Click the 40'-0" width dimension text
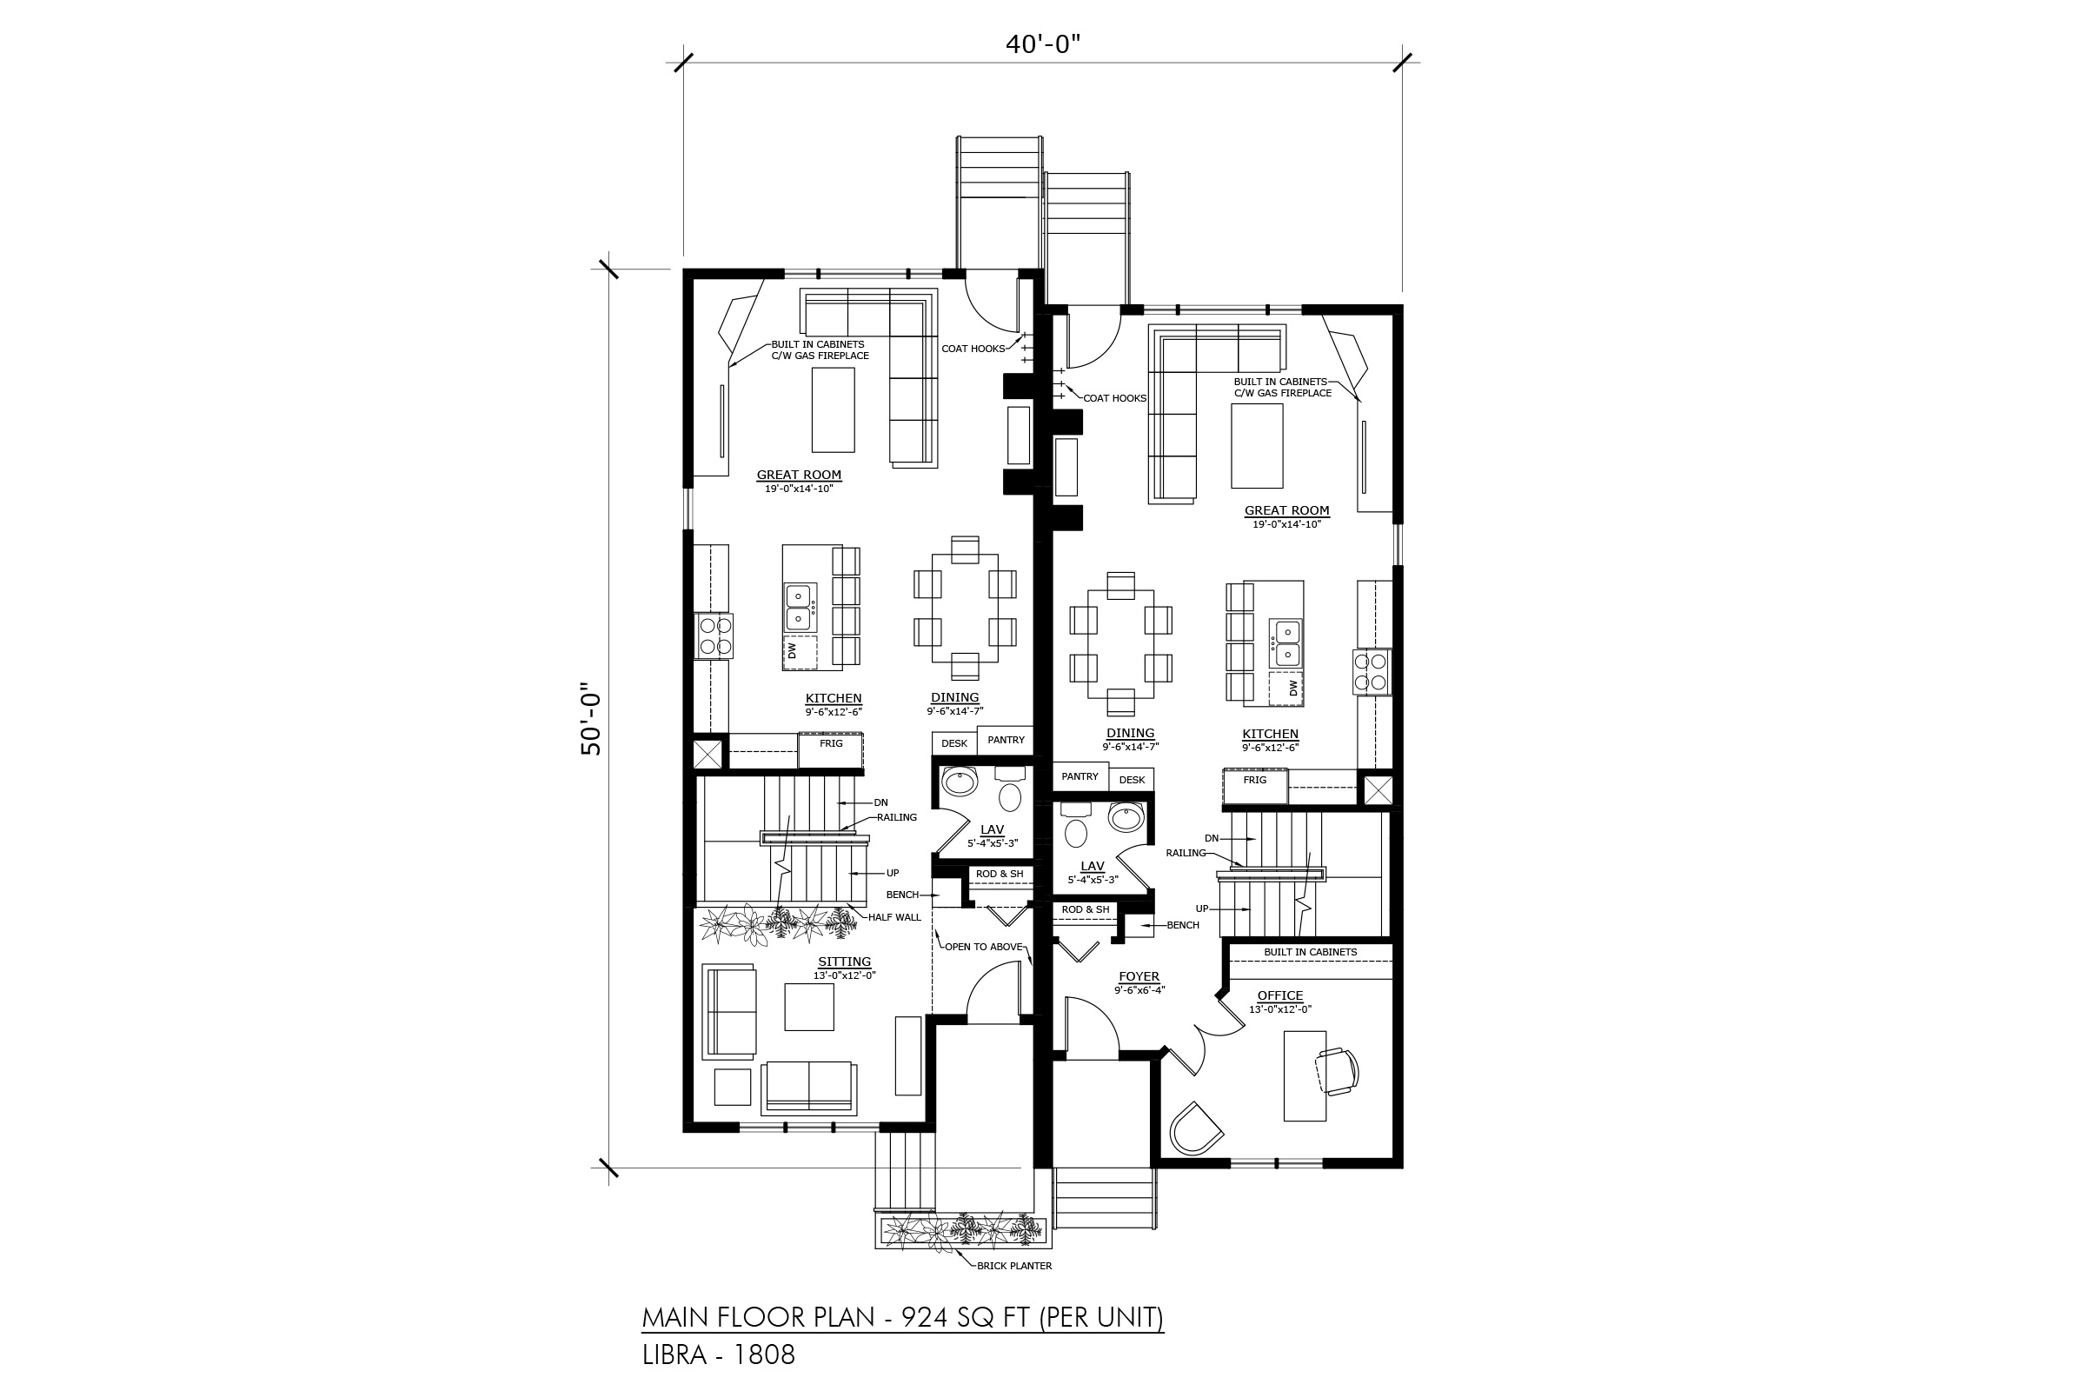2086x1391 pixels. click(1042, 44)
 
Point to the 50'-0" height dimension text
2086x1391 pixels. click(592, 719)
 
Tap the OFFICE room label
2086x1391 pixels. click(1279, 995)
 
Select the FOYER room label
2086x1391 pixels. click(1139, 976)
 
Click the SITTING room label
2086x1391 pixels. click(844, 962)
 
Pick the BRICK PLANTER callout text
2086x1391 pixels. click(1014, 1266)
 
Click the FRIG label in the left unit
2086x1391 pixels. click(831, 743)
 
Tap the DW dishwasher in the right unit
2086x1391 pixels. click(1287, 689)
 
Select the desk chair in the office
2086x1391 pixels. click(1337, 1072)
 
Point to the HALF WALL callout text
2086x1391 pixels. click(895, 917)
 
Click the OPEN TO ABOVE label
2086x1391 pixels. click(984, 947)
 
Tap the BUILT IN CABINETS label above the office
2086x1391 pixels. click(1311, 952)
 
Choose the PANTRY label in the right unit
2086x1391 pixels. click(1080, 776)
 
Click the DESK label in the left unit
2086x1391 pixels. click(954, 743)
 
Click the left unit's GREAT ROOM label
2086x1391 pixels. click(799, 475)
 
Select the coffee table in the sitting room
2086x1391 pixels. click(809, 1007)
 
